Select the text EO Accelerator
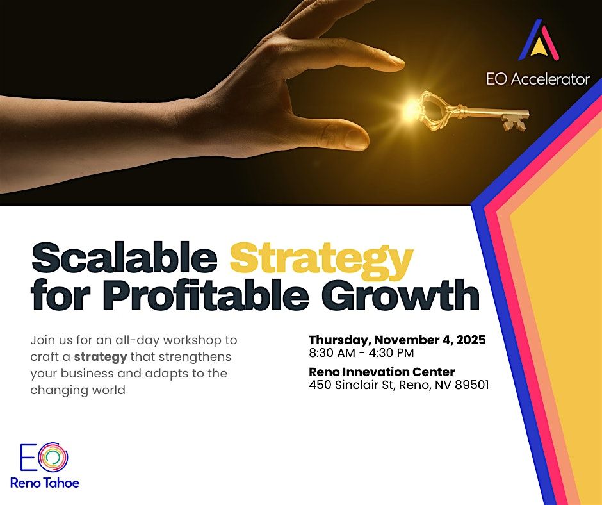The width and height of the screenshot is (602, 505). click(x=538, y=79)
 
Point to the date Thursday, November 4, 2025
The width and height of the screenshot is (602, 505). click(x=397, y=340)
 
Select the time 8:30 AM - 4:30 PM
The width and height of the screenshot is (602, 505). click(x=361, y=353)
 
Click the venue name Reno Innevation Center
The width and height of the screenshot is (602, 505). click(x=382, y=372)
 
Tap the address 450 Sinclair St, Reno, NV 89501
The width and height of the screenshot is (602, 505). click(x=398, y=385)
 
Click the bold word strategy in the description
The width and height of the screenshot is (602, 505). click(x=101, y=356)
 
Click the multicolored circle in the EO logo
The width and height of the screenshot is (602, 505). click(x=54, y=457)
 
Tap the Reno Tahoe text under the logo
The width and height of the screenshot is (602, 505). click(x=45, y=483)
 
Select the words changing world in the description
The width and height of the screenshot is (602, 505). click(x=77, y=390)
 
